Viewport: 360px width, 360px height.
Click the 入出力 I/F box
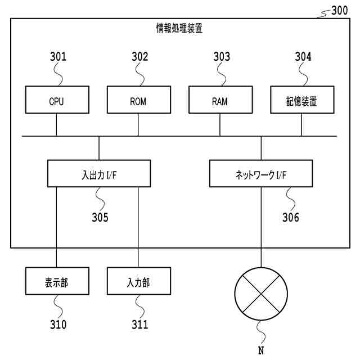99,174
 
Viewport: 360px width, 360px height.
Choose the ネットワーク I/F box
261,174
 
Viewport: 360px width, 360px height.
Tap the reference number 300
339,9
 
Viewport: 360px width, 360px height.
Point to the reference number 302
139,57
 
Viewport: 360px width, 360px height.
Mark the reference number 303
222,57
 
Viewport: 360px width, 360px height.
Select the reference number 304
303,57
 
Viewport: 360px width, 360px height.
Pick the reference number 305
100,218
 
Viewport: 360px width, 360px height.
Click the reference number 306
291,218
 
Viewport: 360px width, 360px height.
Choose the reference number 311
139,325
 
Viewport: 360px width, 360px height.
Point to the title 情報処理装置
179,28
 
